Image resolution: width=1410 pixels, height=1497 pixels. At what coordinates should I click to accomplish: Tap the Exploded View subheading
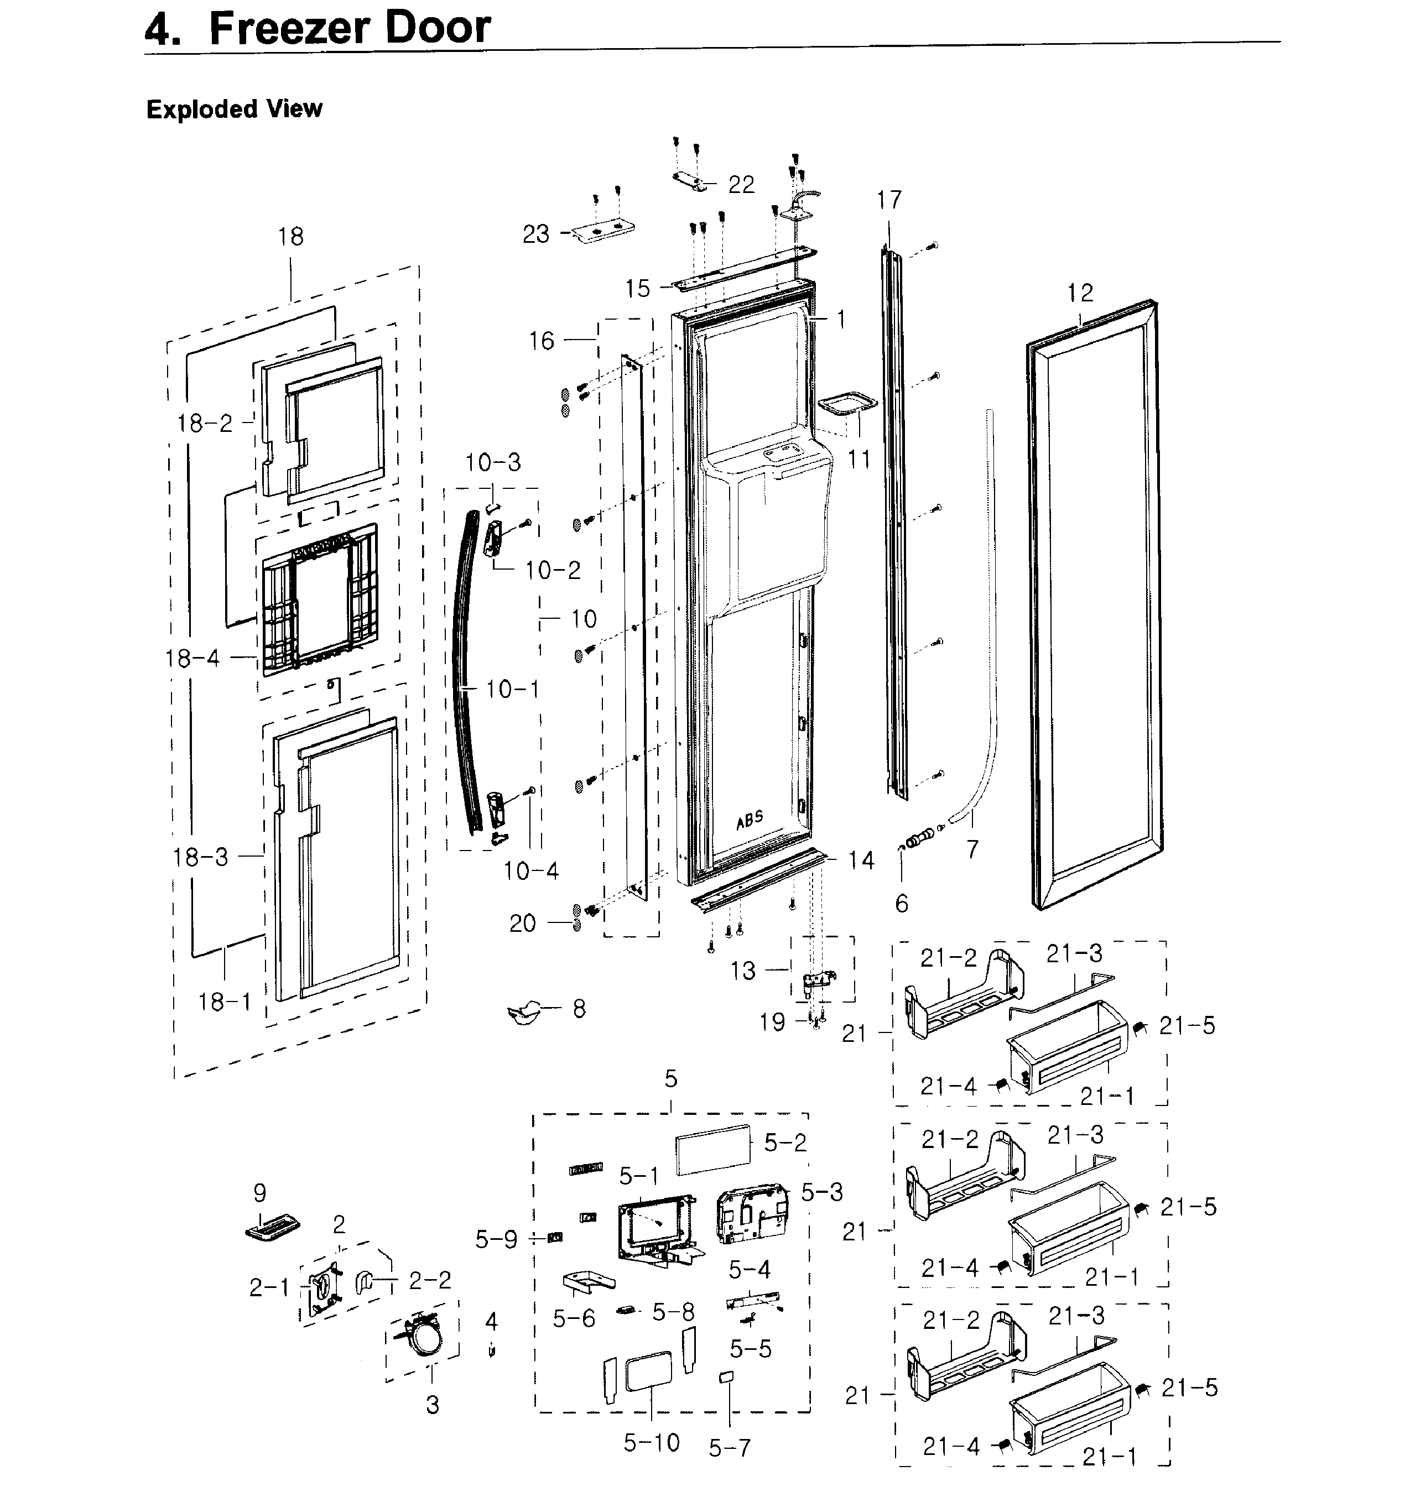[234, 109]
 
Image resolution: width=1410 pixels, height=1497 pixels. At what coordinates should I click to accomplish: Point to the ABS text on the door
[750, 820]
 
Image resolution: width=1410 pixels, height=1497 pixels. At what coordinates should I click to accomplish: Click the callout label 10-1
[512, 688]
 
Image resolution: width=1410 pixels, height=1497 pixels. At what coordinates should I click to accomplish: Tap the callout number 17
[889, 200]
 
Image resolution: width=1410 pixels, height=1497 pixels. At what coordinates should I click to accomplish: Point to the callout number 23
[535, 234]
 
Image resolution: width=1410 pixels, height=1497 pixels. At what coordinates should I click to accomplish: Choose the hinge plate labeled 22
[693, 181]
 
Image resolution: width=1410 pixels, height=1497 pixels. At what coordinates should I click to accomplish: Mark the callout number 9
[259, 1192]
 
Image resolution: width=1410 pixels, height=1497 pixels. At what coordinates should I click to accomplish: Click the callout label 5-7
[729, 1447]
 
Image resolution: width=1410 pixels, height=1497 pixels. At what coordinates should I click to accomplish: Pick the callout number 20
[522, 923]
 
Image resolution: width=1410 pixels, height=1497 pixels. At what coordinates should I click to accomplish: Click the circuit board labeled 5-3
[752, 1214]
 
